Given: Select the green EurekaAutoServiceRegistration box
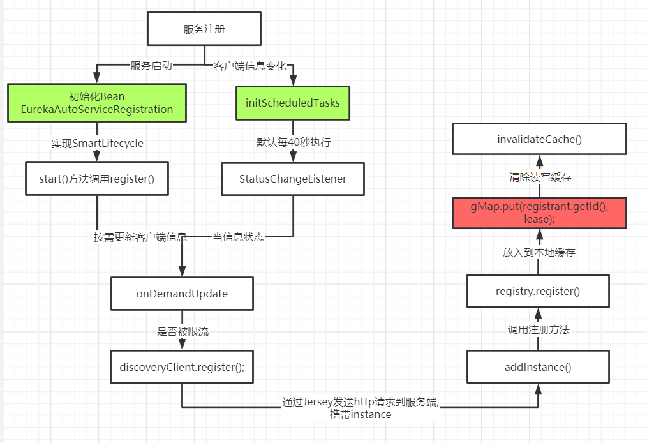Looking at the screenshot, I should tap(97, 103).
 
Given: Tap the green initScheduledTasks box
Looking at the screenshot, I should tap(293, 103).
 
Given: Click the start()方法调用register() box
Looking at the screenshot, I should tap(97, 179).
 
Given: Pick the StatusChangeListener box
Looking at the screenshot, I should tap(293, 179).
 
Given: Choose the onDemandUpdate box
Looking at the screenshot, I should tap(182, 294).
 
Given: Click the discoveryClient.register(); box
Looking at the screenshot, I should tap(182, 367).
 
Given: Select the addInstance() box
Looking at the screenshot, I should tap(538, 367).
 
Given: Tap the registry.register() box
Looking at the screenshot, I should tap(538, 292).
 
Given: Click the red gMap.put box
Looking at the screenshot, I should tap(538, 213).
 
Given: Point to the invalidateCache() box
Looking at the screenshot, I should tap(538, 139).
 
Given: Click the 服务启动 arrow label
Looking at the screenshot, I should tap(151, 66).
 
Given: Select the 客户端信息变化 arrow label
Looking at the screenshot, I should tap(249, 66).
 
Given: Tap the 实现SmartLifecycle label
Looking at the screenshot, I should tap(97, 143).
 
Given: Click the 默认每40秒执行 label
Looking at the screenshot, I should tap(293, 143).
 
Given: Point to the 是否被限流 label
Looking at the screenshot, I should tap(182, 332).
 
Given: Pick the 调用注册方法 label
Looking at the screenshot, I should tap(538, 330).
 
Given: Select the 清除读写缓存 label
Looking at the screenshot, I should tap(539, 177).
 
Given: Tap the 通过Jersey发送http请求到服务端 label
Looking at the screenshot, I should tap(361, 403).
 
